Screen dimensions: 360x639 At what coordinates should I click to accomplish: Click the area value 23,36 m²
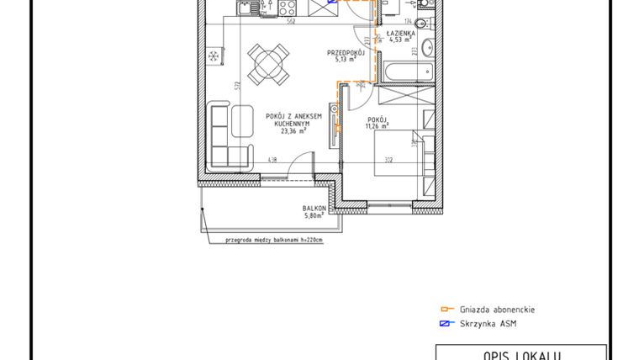click(x=293, y=130)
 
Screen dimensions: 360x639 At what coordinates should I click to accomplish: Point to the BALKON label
click(x=314, y=209)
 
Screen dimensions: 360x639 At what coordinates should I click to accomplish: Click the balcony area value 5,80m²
click(x=314, y=216)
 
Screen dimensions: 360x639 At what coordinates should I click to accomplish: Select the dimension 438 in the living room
click(x=272, y=161)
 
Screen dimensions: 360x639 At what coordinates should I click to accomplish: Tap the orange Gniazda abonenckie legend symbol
click(x=447, y=310)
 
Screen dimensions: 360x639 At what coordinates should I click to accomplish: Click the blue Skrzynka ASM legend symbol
click(x=447, y=324)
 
